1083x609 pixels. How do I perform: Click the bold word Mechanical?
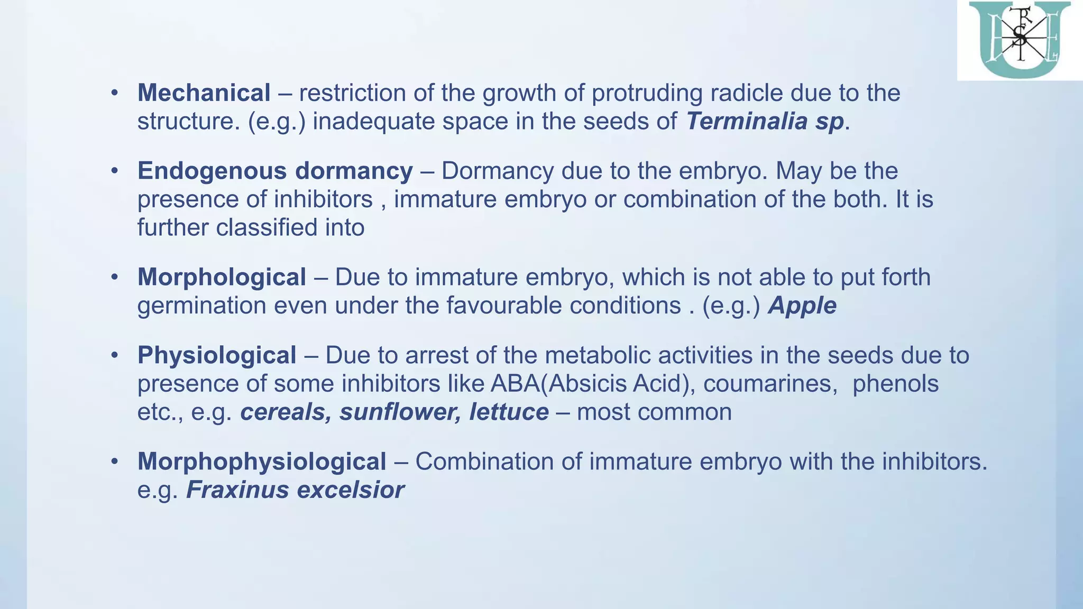[204, 93]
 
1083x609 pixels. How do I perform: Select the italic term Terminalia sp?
[765, 122]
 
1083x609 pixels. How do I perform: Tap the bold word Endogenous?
[212, 171]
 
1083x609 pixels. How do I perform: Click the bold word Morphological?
[222, 278]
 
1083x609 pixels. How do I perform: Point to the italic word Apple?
[802, 306]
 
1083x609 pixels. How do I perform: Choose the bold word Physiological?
[217, 355]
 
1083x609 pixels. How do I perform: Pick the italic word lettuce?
[509, 412]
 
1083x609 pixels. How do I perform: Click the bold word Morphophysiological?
[262, 462]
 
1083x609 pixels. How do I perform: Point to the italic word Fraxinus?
[238, 490]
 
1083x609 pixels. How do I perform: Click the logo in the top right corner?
[1019, 40]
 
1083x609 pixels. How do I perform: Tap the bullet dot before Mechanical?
[114, 94]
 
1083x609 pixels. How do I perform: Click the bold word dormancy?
[354, 171]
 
